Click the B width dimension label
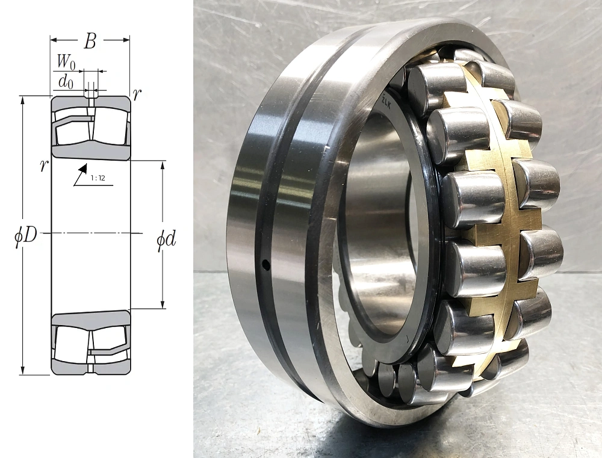pyautogui.click(x=90, y=41)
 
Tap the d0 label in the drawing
pyautogui.click(x=65, y=82)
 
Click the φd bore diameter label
pyautogui.click(x=166, y=240)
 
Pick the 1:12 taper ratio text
pyautogui.click(x=98, y=178)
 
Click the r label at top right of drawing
pyautogui.click(x=137, y=94)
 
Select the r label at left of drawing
pyautogui.click(x=44, y=166)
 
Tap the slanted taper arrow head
pyautogui.click(x=83, y=168)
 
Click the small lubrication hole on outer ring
pyautogui.click(x=265, y=264)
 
